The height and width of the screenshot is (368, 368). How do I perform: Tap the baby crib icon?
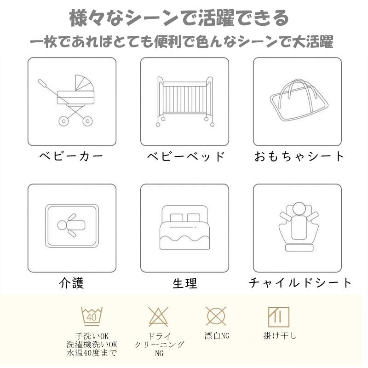185,101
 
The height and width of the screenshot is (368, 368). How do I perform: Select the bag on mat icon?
299,100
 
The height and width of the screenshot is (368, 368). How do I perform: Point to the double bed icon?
185,227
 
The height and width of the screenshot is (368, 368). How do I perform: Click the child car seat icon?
299,226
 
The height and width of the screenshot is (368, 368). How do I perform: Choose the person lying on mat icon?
72,226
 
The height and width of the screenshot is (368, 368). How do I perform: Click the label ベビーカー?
71,156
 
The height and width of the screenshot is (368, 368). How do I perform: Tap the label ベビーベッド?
186,156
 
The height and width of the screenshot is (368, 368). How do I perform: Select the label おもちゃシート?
299,156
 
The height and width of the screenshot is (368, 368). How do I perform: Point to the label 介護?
71,282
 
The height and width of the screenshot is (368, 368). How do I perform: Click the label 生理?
185,283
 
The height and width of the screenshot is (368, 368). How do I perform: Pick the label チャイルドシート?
300,282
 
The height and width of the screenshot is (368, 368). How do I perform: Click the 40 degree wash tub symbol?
92,316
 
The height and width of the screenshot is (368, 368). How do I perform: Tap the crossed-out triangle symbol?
158,316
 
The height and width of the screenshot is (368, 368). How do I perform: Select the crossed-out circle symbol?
216,316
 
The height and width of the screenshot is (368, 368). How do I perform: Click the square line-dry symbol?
279,317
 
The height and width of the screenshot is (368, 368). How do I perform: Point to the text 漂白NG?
217,336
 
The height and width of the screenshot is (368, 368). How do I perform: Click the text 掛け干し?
280,336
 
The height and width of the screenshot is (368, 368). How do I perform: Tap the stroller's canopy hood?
84,83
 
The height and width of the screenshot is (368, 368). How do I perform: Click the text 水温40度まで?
92,353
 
